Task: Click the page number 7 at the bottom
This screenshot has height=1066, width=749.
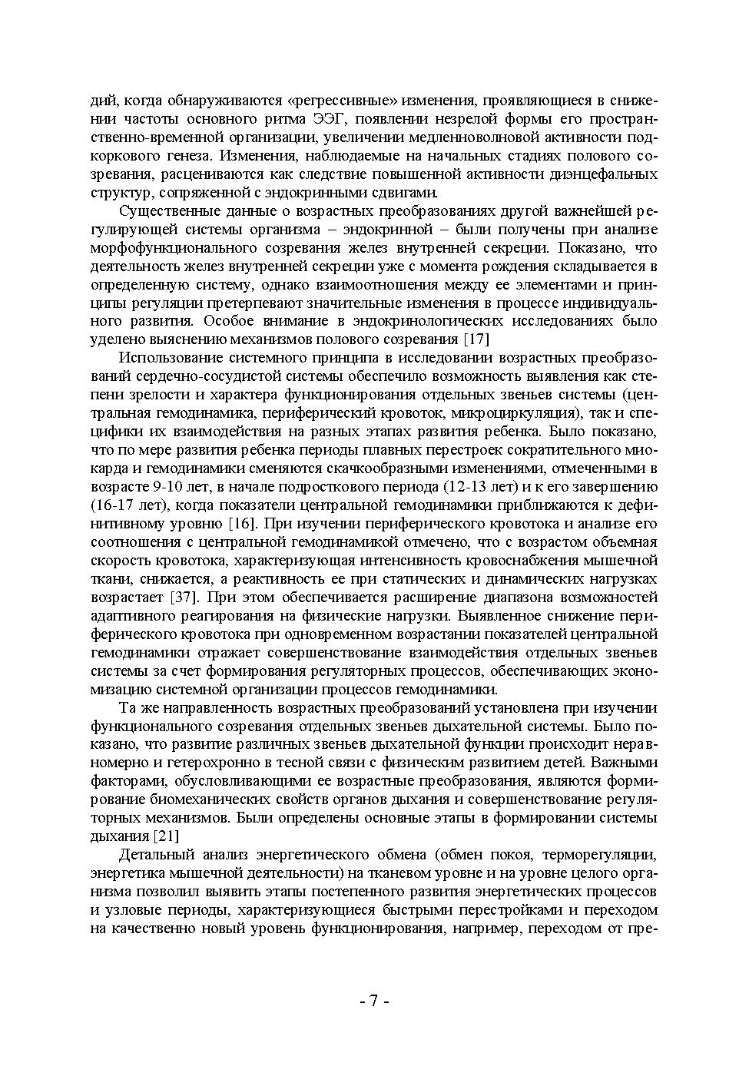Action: (x=374, y=1001)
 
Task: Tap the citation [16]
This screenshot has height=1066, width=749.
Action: (x=243, y=525)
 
